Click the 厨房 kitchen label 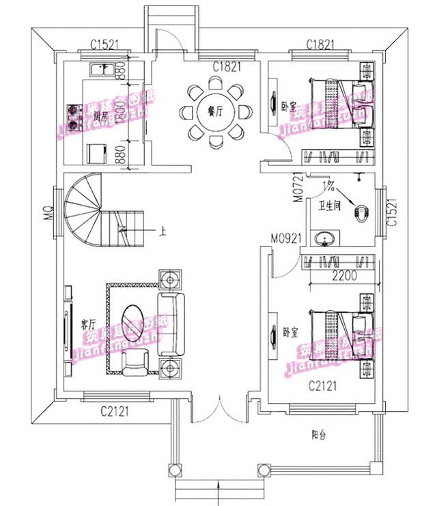[102, 114]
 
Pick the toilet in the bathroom [359, 212]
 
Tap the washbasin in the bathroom [326, 238]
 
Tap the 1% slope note [330, 185]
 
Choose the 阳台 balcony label [315, 433]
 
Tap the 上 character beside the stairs [163, 231]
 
